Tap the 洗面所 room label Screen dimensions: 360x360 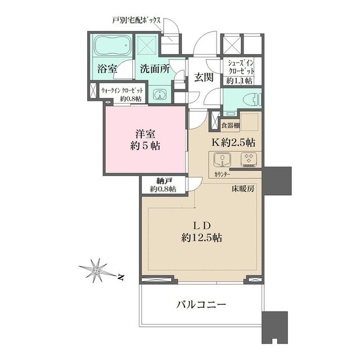[x=155, y=69]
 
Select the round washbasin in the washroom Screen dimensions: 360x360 [x=159, y=94]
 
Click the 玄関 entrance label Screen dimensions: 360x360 [x=204, y=78]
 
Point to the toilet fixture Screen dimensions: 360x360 [x=255, y=100]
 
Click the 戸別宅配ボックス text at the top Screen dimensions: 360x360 [x=136, y=20]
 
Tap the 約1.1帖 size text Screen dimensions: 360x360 [x=239, y=81]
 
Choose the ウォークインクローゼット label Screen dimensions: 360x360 [x=122, y=91]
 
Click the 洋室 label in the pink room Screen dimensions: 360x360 [x=145, y=134]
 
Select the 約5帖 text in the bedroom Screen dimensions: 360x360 [x=145, y=146]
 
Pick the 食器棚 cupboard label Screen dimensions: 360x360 [x=231, y=125]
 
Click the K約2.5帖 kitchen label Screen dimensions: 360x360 [x=233, y=143]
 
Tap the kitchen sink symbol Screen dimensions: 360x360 [x=222, y=160]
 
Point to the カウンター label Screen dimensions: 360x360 [x=222, y=174]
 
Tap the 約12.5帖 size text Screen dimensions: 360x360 [x=201, y=238]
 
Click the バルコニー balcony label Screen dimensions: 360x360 [x=201, y=305]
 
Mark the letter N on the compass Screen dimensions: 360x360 [x=120, y=277]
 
